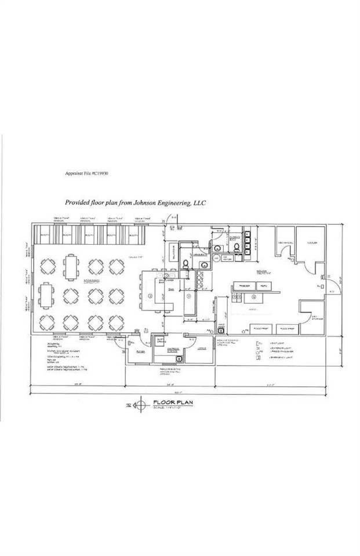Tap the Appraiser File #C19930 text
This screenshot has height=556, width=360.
[x=88, y=173]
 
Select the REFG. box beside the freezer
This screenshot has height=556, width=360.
[x=262, y=286]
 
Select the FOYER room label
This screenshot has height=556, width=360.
[x=140, y=351]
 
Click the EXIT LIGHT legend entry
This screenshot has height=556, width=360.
[x=273, y=343]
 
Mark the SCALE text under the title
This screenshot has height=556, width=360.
[x=168, y=407]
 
